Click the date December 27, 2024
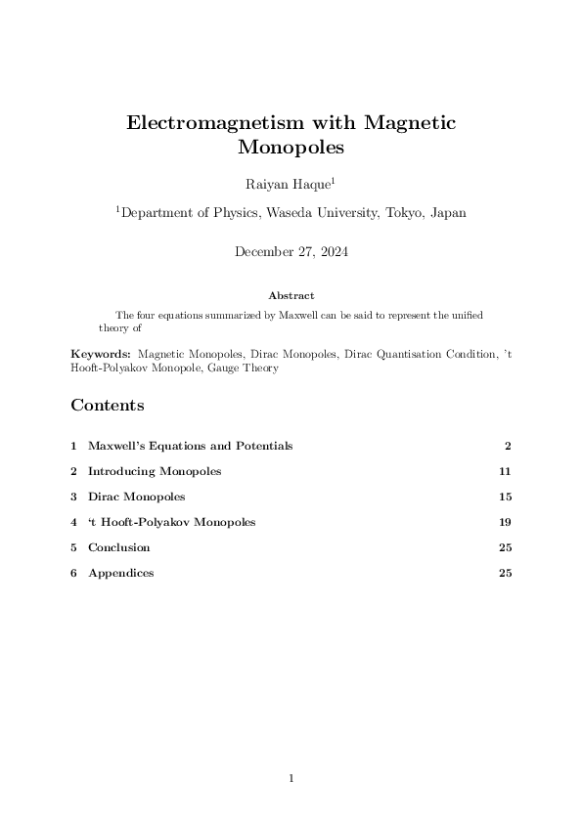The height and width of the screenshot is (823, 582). [x=291, y=252]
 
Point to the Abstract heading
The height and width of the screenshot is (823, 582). [x=291, y=294]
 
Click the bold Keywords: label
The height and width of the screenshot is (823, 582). [x=101, y=354]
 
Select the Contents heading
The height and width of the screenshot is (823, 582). [x=108, y=405]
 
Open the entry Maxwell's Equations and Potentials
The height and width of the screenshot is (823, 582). [x=190, y=446]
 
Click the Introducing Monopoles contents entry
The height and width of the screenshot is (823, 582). [x=155, y=471]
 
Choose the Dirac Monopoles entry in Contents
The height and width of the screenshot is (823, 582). [x=136, y=497]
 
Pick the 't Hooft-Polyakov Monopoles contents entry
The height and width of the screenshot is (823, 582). [x=171, y=522]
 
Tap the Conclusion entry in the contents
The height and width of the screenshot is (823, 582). [x=118, y=547]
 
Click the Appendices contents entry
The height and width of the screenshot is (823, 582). [x=120, y=573]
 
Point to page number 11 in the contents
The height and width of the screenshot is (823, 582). [x=505, y=471]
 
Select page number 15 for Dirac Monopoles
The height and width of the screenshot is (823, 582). [x=505, y=497]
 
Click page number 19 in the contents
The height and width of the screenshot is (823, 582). [x=505, y=522]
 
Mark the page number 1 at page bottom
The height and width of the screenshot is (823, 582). [x=291, y=778]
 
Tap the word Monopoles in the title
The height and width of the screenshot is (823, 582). [x=291, y=149]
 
